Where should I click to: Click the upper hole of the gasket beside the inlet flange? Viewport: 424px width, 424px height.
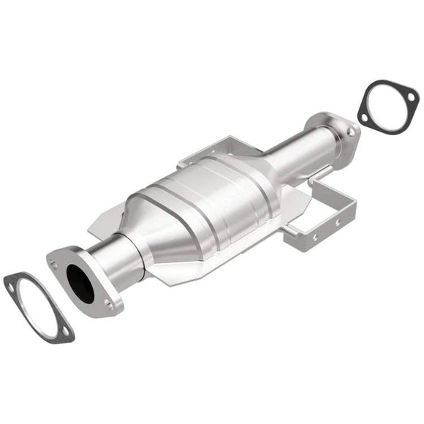(x=12, y=284)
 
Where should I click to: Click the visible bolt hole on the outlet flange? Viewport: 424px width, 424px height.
(x=350, y=132)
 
